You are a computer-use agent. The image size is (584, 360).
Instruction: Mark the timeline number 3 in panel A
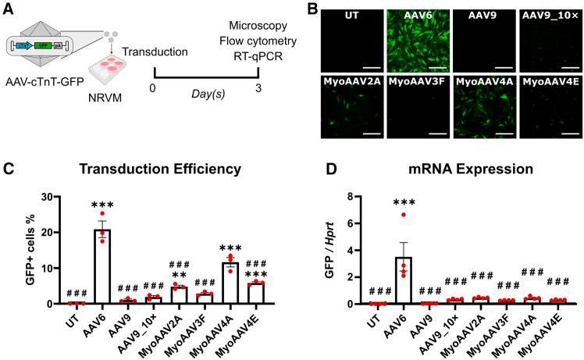[258, 87]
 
